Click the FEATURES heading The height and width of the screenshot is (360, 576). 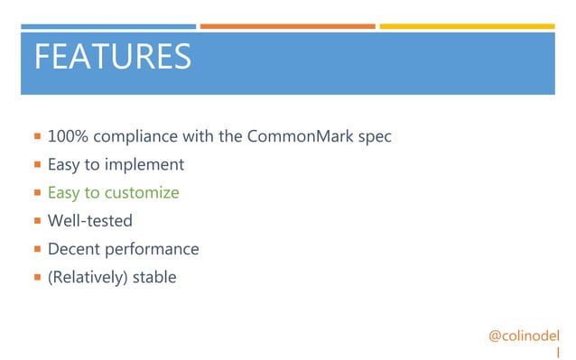click(x=112, y=57)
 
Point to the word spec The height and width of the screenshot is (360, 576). click(x=376, y=137)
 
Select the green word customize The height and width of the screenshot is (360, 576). click(x=142, y=193)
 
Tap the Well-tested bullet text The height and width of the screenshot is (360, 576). click(x=89, y=221)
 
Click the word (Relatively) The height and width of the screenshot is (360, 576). click(x=87, y=277)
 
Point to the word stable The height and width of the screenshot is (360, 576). click(x=154, y=277)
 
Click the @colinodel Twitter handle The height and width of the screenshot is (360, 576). click(x=524, y=336)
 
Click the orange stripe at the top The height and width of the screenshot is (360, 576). click(x=287, y=26)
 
